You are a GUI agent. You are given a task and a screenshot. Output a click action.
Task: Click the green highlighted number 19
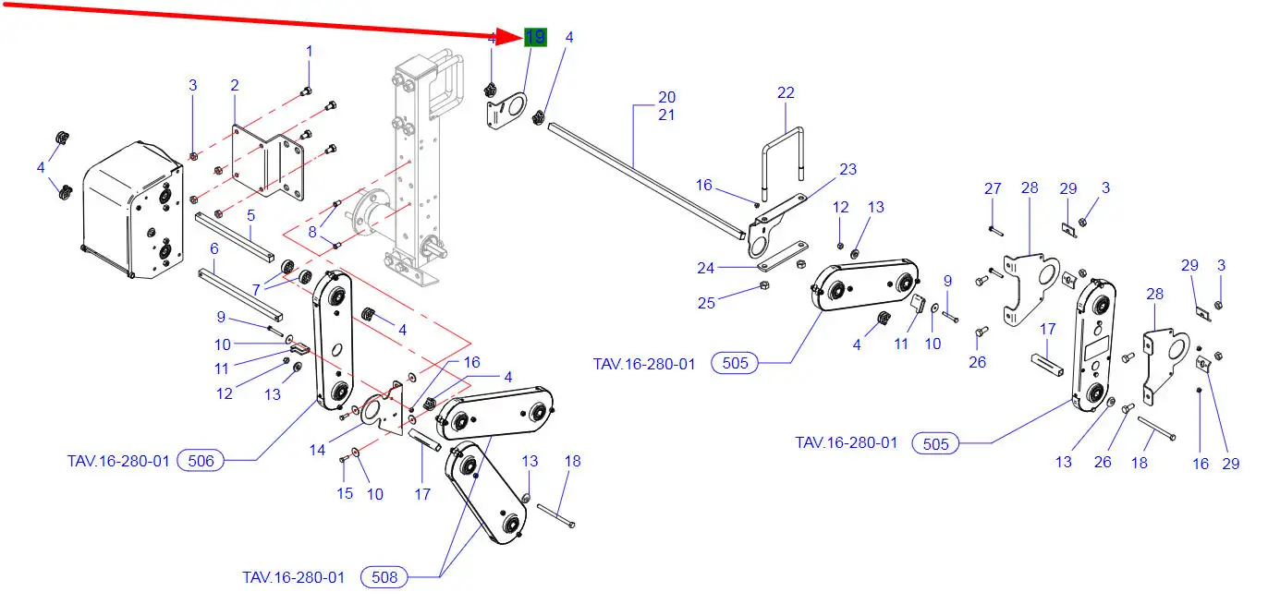click(x=535, y=38)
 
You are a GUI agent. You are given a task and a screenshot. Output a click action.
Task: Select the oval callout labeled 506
click(x=201, y=460)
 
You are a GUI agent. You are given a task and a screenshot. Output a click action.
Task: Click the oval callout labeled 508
click(x=384, y=577)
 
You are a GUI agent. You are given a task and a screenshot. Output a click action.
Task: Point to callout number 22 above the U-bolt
click(x=786, y=93)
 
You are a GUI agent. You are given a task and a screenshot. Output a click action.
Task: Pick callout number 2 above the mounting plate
click(x=235, y=86)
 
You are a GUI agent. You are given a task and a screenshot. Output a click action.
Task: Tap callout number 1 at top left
click(x=310, y=51)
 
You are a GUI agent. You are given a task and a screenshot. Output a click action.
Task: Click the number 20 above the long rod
click(x=666, y=97)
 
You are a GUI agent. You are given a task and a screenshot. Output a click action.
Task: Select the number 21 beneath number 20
click(x=666, y=115)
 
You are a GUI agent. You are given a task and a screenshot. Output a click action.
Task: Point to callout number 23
click(x=848, y=169)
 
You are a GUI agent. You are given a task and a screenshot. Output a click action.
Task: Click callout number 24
click(x=706, y=269)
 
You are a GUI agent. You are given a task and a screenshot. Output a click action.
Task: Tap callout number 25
click(x=706, y=303)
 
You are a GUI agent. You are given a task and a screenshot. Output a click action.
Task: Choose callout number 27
click(x=993, y=188)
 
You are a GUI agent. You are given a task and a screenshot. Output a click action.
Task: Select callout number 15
click(x=345, y=493)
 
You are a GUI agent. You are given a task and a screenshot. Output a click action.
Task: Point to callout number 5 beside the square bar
click(x=250, y=215)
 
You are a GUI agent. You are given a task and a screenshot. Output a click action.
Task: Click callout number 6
click(x=214, y=248)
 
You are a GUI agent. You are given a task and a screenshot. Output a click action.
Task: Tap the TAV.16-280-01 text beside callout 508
click(x=293, y=577)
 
